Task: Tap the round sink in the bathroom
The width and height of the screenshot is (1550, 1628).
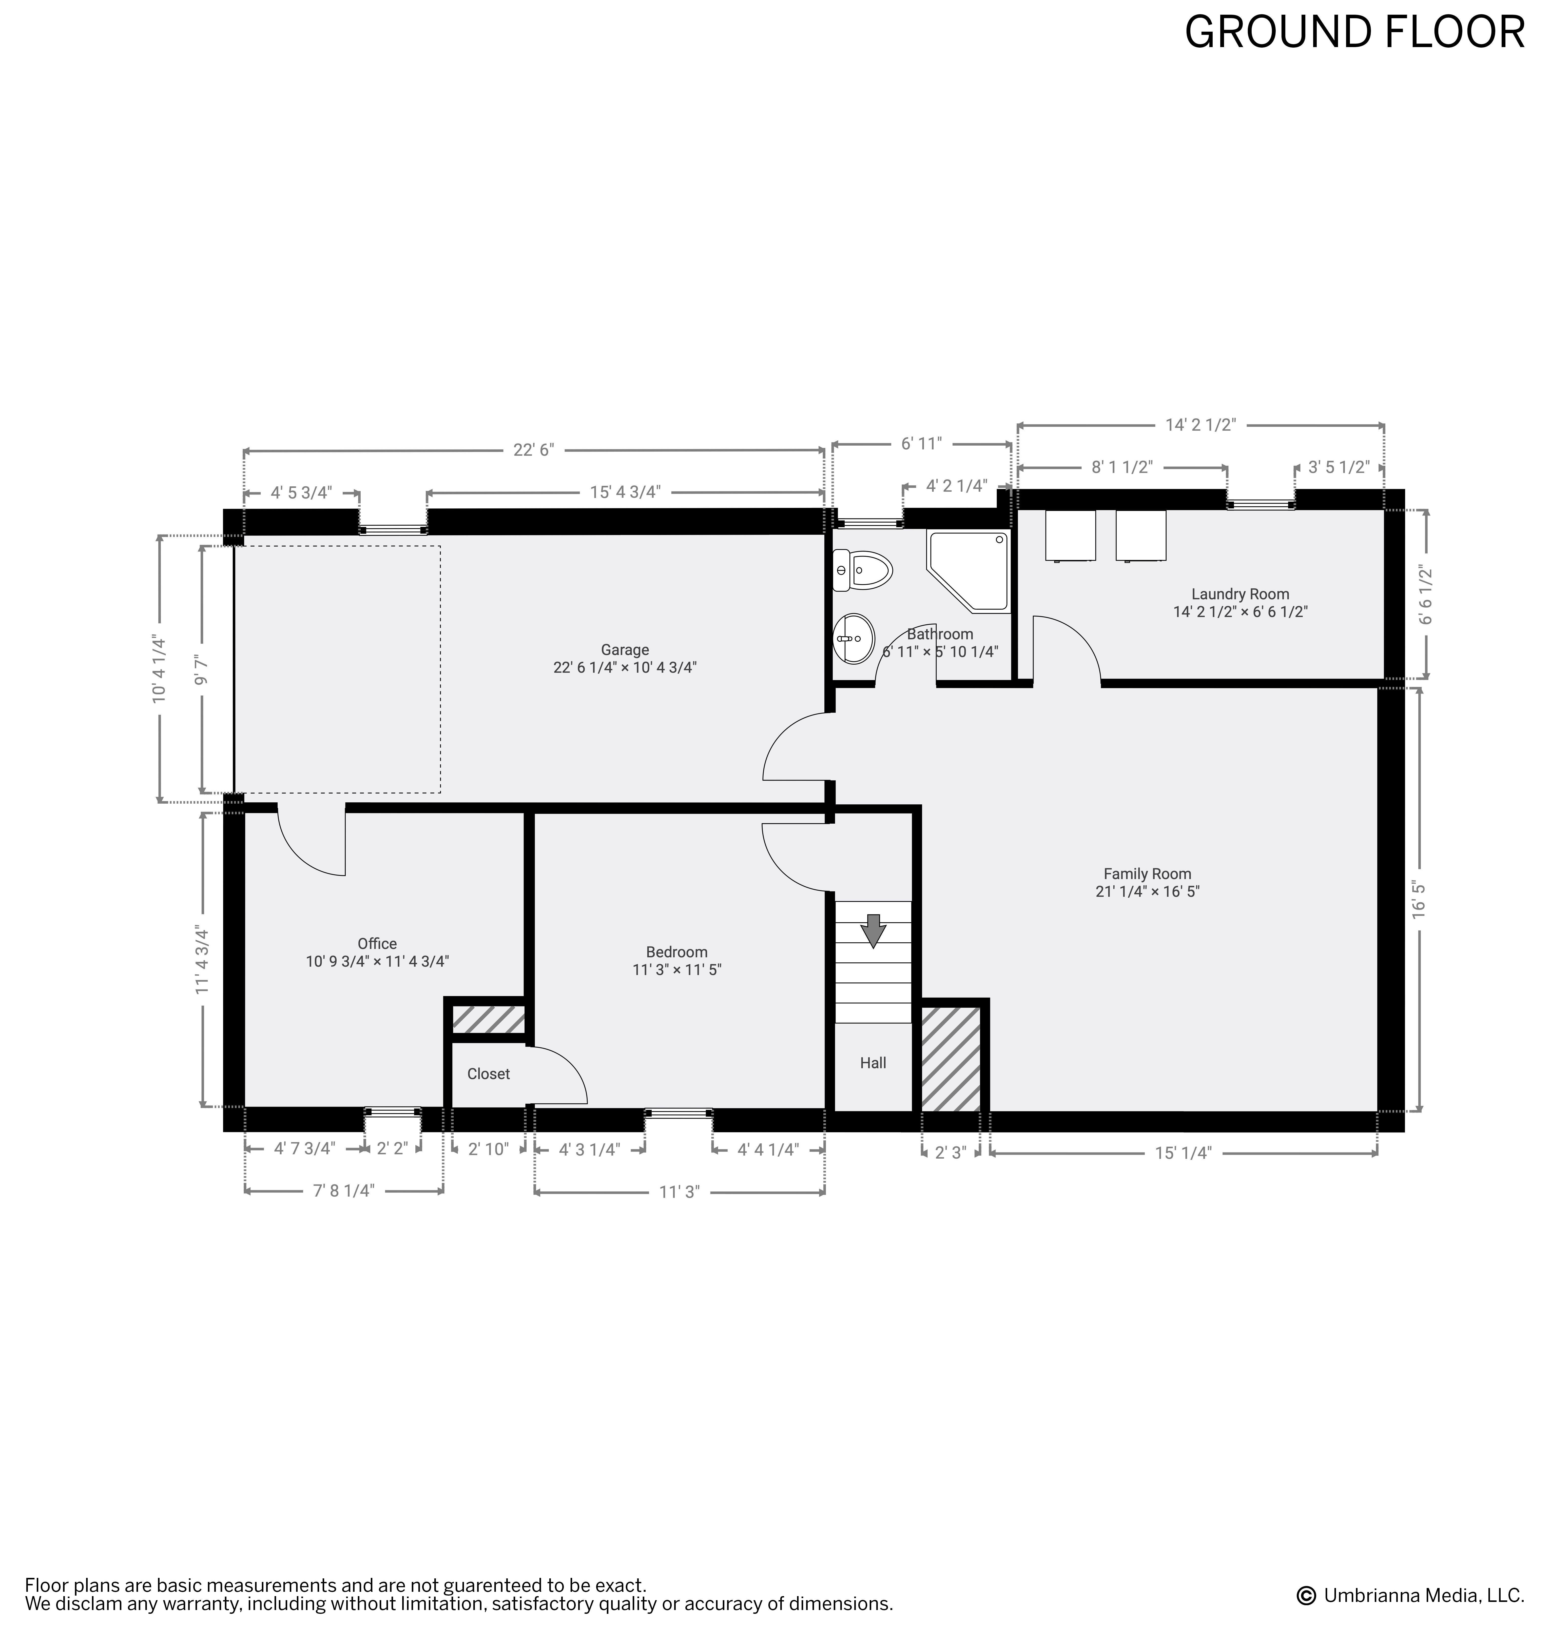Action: point(854,639)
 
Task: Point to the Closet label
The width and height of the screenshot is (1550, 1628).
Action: point(488,1074)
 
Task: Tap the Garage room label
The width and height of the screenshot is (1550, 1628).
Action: point(625,650)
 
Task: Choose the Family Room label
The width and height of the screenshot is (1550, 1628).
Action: point(1148,874)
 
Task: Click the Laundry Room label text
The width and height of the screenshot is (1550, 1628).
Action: point(1240,594)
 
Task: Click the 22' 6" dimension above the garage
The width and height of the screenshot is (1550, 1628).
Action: point(534,450)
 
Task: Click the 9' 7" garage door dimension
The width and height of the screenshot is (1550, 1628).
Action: point(201,669)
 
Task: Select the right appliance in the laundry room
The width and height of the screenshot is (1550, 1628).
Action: point(1141,536)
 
